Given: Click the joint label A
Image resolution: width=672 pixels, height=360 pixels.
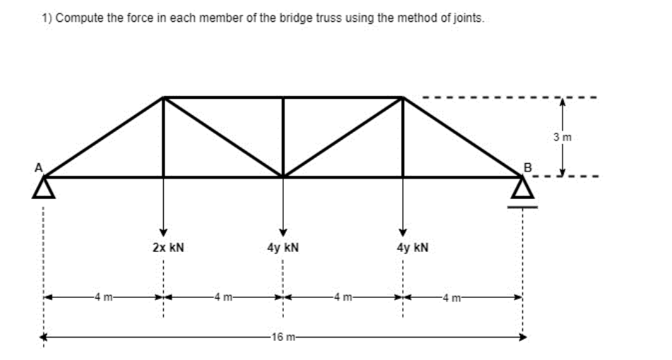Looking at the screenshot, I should [x=40, y=167].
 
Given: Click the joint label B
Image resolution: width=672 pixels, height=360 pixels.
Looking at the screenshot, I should [x=526, y=167].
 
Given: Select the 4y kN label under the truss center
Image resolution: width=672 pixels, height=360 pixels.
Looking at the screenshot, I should [x=283, y=248].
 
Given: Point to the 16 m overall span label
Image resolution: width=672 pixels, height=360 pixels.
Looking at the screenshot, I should [x=283, y=338].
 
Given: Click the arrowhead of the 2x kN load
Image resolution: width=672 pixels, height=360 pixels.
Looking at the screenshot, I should [x=164, y=232].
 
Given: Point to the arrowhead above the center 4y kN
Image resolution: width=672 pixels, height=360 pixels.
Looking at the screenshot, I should [x=283, y=232].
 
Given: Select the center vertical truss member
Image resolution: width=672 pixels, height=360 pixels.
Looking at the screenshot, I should [x=283, y=137].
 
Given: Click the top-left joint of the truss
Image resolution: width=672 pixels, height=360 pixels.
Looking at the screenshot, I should [x=164, y=97].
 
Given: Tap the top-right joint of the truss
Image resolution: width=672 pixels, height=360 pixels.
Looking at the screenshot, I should [x=402, y=97].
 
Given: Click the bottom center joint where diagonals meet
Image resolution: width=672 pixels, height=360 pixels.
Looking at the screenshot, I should [x=283, y=176].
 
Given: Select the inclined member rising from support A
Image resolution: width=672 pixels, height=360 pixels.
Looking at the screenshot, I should [x=104, y=137].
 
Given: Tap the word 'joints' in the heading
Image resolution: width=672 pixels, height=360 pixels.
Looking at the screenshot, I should [x=469, y=18].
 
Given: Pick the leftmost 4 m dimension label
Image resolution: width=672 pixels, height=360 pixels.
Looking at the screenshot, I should [x=104, y=297].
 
